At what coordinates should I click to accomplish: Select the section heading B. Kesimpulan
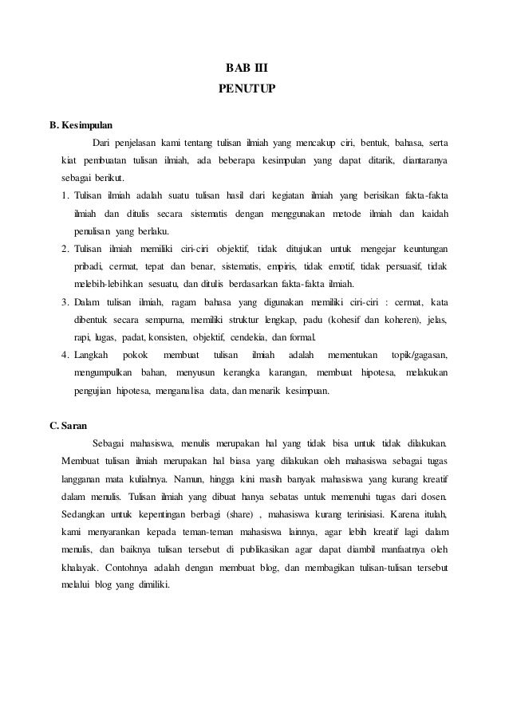tap(81, 126)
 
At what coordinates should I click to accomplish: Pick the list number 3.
tap(65, 301)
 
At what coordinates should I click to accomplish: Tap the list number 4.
tap(65, 354)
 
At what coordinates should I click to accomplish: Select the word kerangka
tap(247, 372)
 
